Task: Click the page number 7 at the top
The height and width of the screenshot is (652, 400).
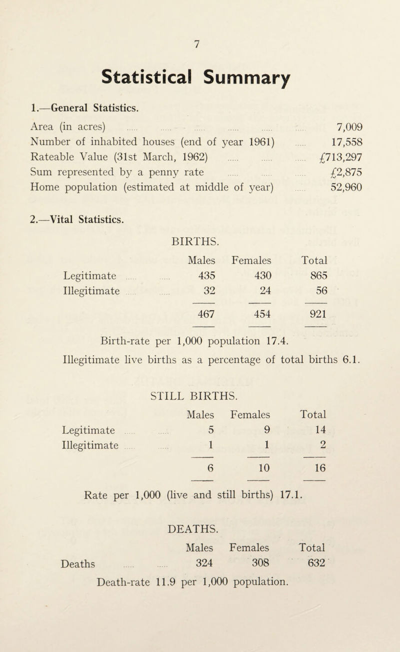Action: point(199,43)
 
